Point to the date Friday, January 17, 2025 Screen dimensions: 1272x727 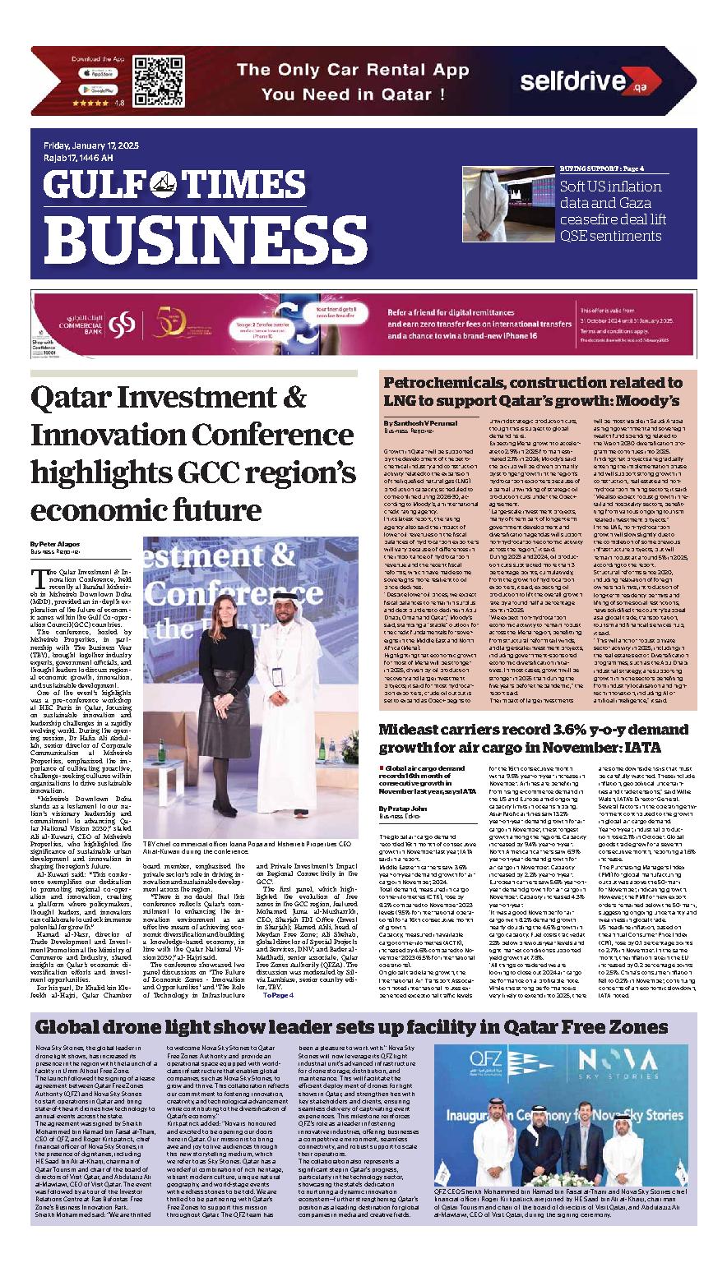point(91,145)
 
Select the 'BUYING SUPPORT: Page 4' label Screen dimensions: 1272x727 point(602,168)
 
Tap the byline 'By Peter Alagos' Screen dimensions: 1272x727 point(57,544)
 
